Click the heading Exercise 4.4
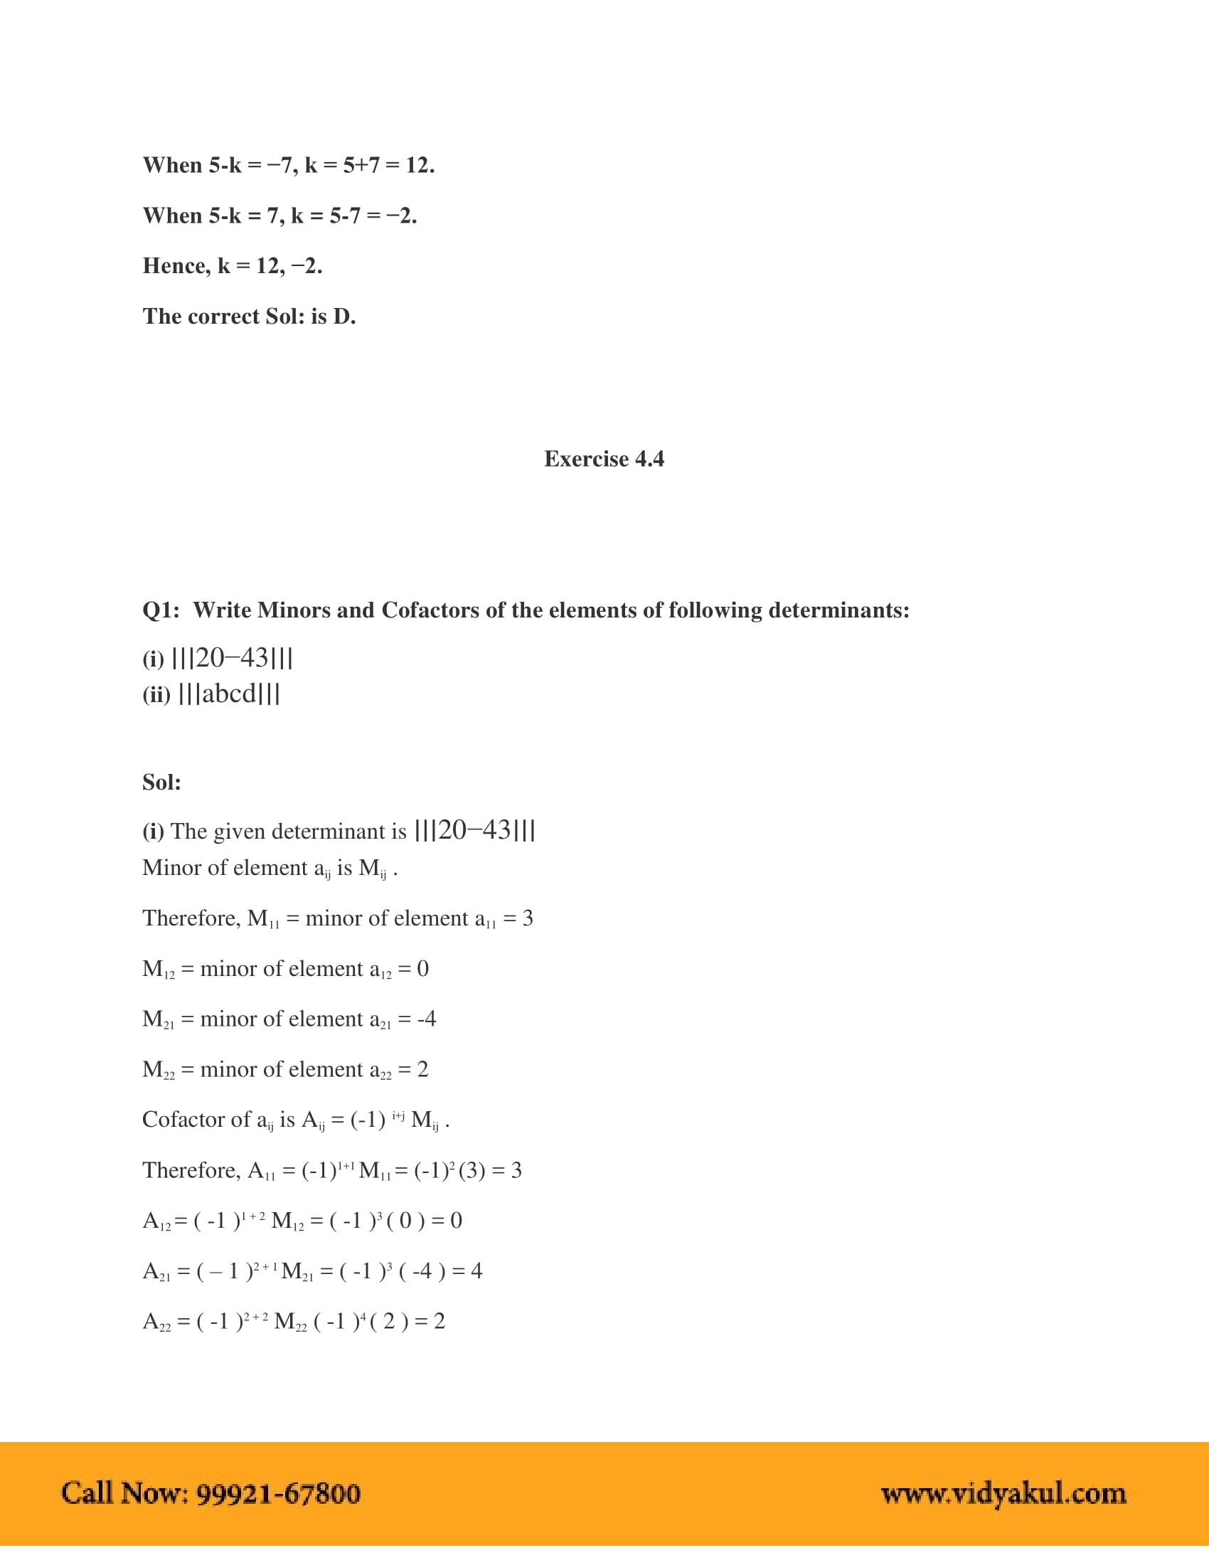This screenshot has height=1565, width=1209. tap(604, 459)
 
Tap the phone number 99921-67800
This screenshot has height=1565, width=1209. tap(278, 1493)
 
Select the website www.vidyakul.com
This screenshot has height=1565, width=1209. tap(1003, 1493)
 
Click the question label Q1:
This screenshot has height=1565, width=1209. tap(161, 610)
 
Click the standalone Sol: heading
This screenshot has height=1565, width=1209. tap(161, 782)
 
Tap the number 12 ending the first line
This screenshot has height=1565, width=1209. tap(418, 166)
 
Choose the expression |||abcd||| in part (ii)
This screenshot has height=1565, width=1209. tap(228, 694)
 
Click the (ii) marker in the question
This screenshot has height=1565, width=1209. tap(156, 695)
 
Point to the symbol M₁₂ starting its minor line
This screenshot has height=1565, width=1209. tap(159, 970)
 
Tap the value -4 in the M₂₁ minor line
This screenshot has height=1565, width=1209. tap(426, 1019)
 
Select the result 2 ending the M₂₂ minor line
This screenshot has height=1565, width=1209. tap(422, 1070)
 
